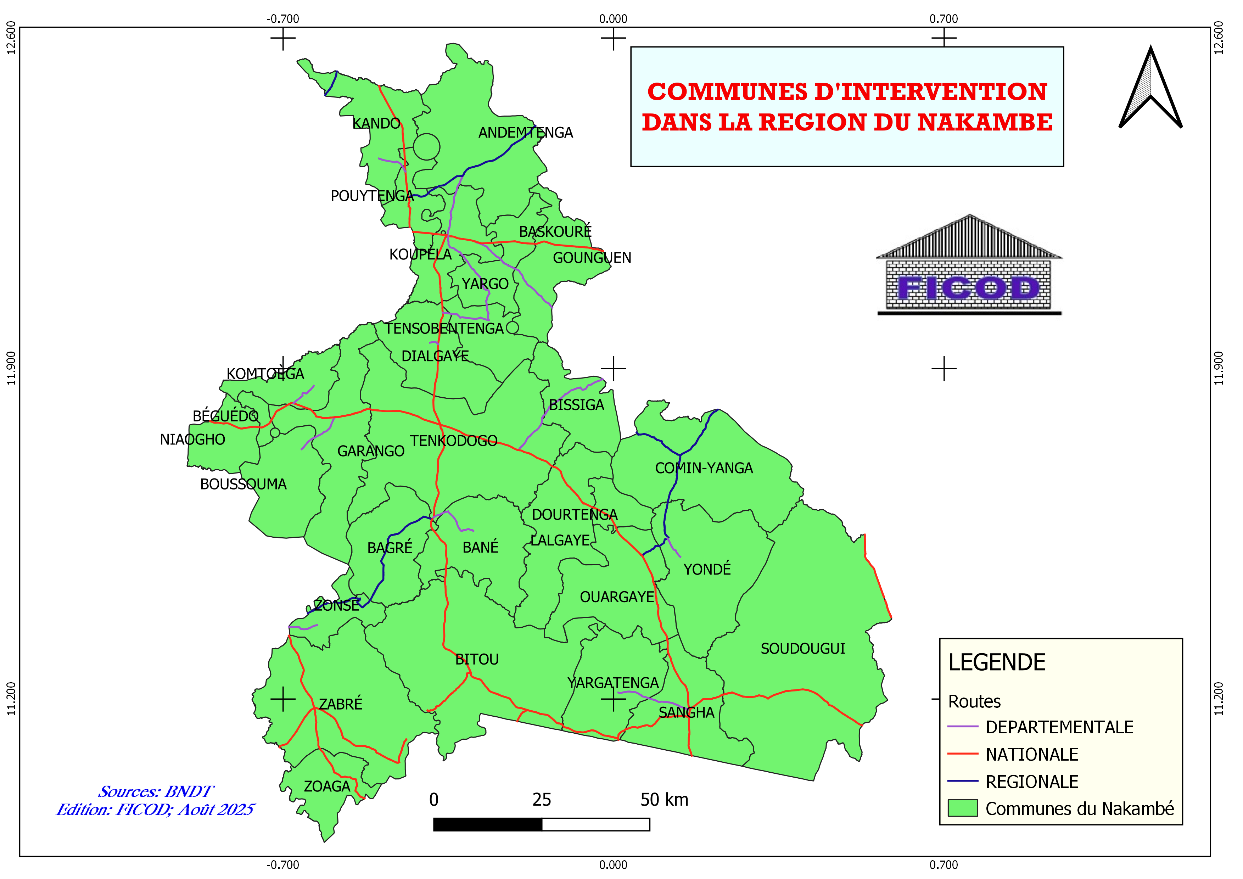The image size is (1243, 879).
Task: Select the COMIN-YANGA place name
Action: [704, 468]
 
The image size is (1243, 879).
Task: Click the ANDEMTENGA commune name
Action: [525, 133]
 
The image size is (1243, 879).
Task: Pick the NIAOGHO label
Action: [192, 439]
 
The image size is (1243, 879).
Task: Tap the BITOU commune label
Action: [476, 659]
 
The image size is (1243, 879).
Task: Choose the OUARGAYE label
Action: [617, 597]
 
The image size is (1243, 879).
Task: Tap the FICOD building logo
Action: [969, 265]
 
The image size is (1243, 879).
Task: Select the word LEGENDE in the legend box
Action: [997, 662]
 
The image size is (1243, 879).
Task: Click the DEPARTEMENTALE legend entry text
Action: [1059, 727]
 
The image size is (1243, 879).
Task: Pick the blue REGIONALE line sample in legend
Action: [963, 781]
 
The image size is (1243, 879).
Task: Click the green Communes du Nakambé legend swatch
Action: [963, 808]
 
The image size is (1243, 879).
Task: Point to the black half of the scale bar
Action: [487, 824]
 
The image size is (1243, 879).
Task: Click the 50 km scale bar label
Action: [664, 800]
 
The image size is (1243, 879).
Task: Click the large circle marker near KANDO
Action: [427, 147]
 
